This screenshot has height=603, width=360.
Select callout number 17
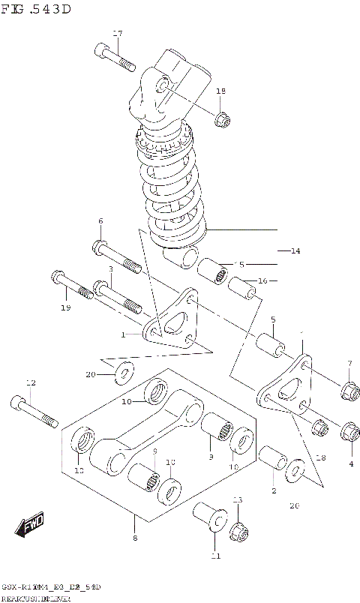click(117, 33)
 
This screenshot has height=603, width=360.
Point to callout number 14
click(295, 250)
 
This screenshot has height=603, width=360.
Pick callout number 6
click(100, 220)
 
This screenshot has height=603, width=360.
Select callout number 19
click(65, 308)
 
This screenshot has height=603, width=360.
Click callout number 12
click(30, 382)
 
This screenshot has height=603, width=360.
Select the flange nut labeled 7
click(347, 390)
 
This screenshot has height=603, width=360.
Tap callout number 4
click(350, 463)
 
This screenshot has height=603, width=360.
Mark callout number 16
click(262, 281)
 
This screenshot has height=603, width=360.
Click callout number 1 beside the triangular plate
click(124, 334)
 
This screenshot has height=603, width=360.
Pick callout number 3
click(110, 268)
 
